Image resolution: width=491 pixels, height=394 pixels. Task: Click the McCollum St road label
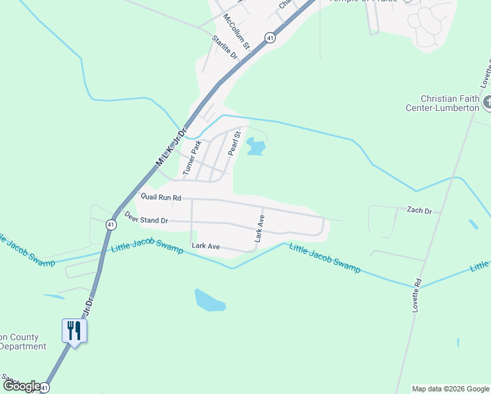click(x=236, y=32)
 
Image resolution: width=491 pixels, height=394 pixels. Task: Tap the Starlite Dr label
click(x=223, y=49)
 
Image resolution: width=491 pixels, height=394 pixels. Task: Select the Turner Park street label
click(x=191, y=158)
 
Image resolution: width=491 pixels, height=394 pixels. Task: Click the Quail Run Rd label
click(x=161, y=196)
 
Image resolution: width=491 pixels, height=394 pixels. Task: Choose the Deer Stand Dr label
click(x=146, y=219)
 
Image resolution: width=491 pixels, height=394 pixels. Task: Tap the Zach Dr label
click(x=419, y=211)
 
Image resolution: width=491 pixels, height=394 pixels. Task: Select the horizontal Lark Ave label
click(x=205, y=246)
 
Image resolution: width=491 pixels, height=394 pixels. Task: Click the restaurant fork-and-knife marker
click(x=74, y=330)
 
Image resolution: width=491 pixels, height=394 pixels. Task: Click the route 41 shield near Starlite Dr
click(x=270, y=39)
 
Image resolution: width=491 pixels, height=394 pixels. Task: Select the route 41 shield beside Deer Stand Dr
click(x=111, y=225)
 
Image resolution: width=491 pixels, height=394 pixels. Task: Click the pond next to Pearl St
click(x=255, y=147)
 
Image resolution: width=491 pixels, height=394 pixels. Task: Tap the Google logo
click(x=21, y=386)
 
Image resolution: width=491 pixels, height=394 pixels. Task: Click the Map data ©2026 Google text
click(x=450, y=389)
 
